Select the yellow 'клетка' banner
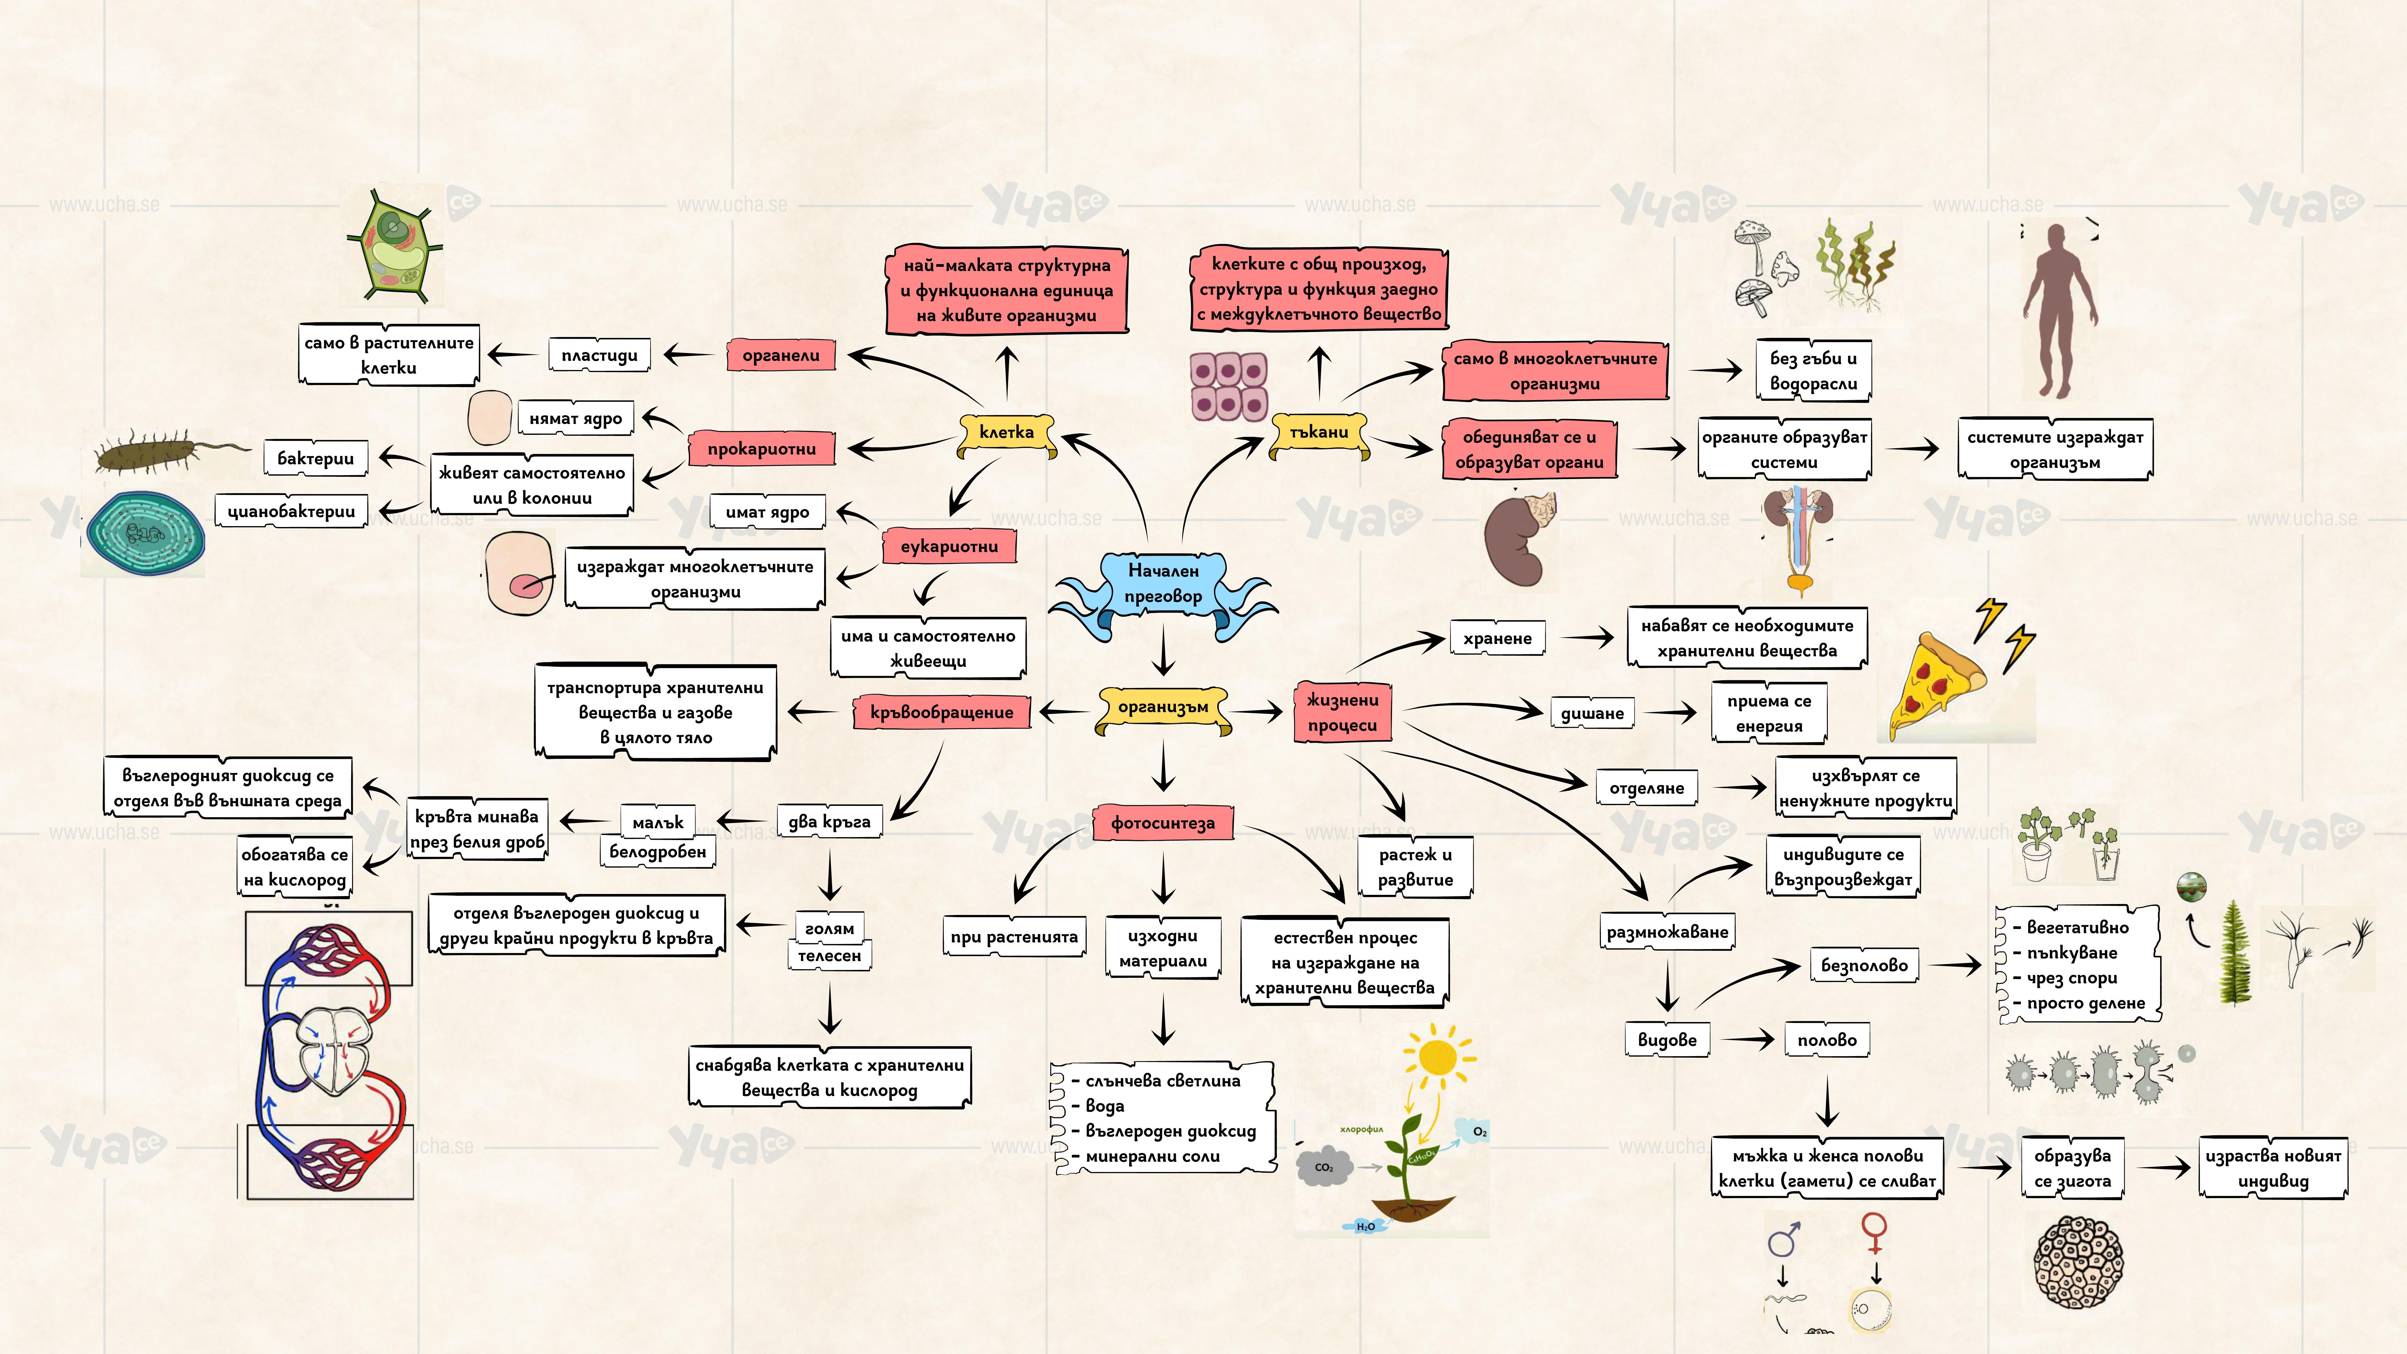(1006, 433)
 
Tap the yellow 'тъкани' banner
(1319, 433)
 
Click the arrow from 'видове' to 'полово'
(1747, 1039)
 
